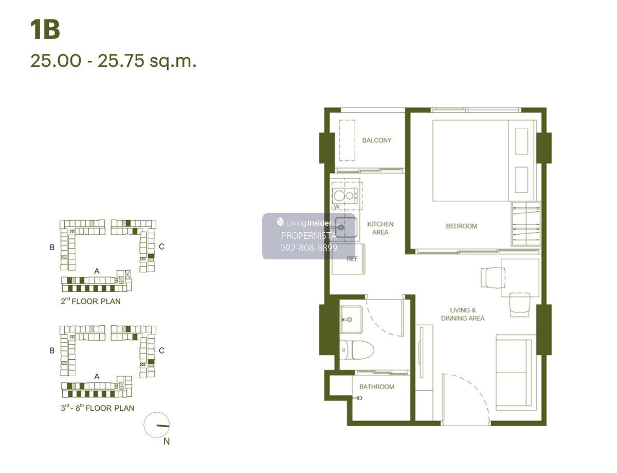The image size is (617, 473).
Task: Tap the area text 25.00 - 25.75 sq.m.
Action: point(113,61)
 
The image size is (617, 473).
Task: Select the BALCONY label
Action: point(376,140)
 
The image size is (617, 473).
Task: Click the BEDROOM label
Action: point(461,226)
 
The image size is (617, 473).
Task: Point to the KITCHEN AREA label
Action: point(380,228)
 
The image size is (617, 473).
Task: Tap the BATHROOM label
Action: point(376,387)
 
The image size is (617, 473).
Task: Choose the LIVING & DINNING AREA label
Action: point(463,314)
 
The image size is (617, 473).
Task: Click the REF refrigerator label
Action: point(352,258)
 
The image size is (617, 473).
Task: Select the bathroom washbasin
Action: point(351,319)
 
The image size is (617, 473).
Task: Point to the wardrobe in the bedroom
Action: point(525,224)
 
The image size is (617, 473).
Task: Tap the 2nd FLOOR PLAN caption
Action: point(90,301)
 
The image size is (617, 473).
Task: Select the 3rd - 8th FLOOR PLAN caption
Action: point(97,408)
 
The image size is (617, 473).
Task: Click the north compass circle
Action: point(157,425)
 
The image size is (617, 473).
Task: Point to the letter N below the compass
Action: point(167,441)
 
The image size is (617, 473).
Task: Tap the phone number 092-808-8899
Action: point(308,248)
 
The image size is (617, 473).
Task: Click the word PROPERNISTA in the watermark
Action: point(308,236)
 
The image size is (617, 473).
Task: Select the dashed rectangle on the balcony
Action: point(347,141)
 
